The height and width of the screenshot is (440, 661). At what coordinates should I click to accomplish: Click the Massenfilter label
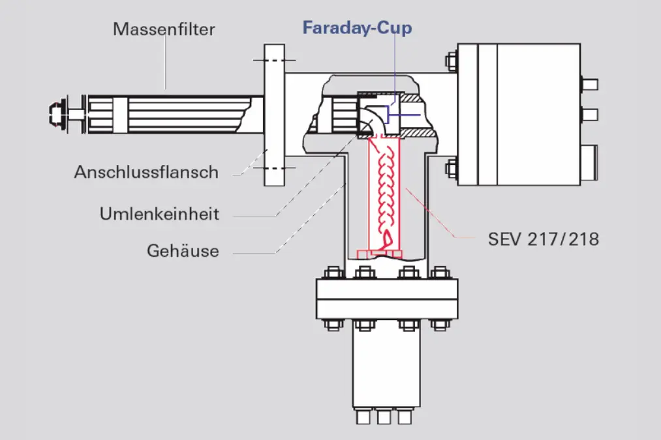(x=164, y=29)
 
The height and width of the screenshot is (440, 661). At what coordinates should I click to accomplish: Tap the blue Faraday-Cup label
(x=358, y=28)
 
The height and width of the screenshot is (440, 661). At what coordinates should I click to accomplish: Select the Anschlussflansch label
(x=146, y=172)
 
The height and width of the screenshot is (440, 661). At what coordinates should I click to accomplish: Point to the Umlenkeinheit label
(x=159, y=214)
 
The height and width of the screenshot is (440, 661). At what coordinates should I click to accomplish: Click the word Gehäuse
(x=183, y=251)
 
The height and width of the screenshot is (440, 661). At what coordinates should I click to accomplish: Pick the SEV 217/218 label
(x=544, y=239)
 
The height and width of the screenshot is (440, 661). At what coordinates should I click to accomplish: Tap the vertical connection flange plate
(x=275, y=115)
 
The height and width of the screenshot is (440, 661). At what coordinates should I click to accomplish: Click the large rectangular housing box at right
(x=519, y=114)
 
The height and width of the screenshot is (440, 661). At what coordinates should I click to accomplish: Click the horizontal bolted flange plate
(x=387, y=299)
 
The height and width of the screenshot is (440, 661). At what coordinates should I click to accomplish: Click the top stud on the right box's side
(x=589, y=85)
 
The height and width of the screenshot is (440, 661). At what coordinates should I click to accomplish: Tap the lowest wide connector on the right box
(x=589, y=163)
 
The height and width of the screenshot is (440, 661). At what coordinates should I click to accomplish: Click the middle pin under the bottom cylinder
(x=384, y=417)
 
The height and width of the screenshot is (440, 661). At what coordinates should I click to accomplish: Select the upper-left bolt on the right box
(x=452, y=61)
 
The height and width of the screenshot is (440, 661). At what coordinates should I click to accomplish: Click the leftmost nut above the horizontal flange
(x=333, y=273)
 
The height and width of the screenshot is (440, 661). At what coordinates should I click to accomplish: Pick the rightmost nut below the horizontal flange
(x=440, y=325)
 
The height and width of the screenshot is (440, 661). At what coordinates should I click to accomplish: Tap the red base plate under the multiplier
(x=380, y=254)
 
